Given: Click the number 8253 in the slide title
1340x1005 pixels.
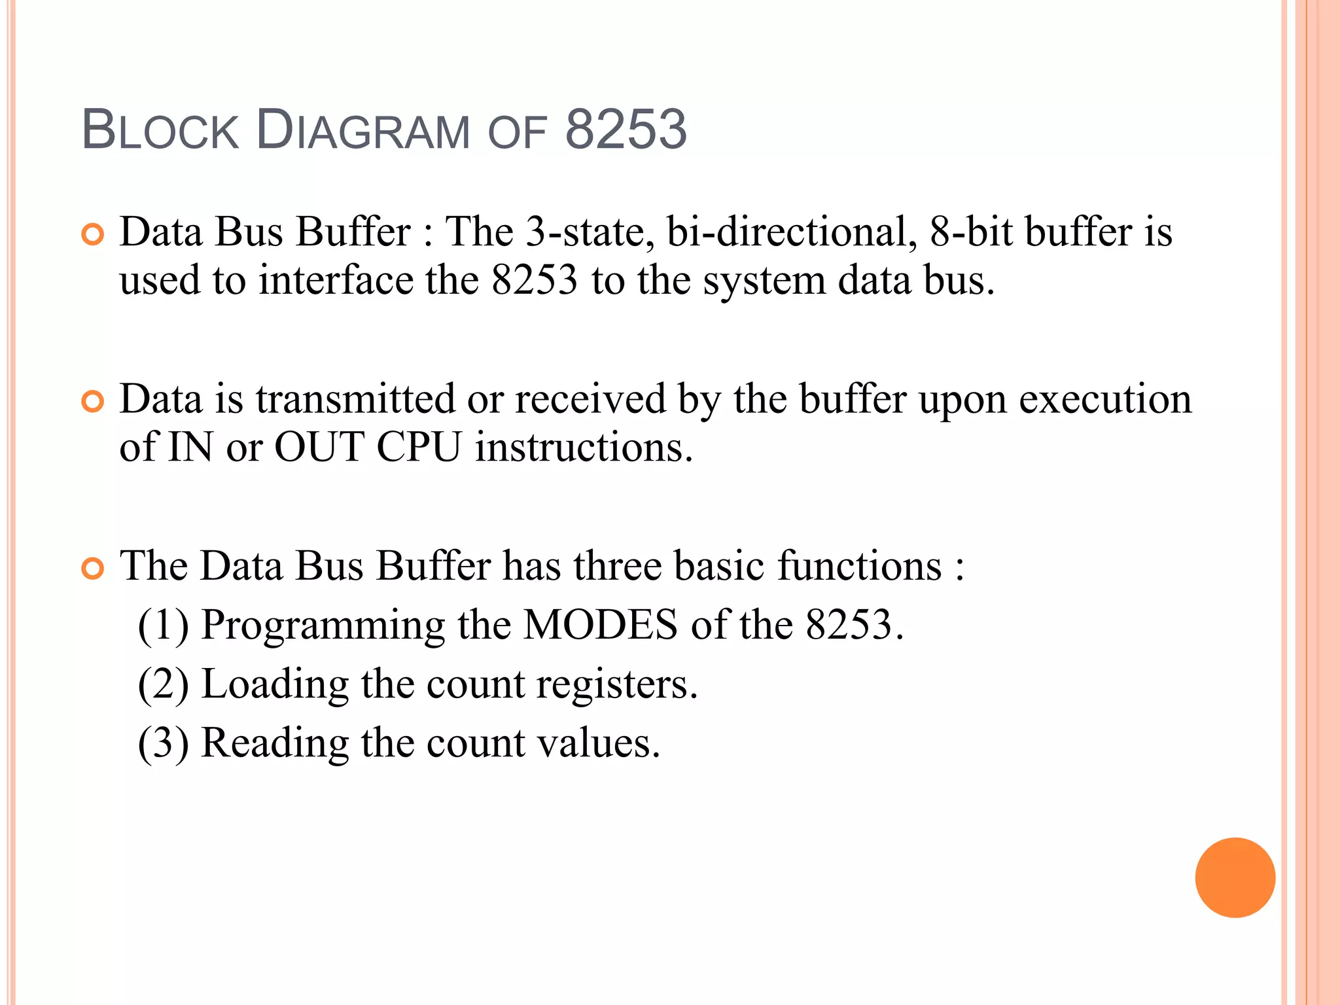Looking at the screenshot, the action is tap(626, 129).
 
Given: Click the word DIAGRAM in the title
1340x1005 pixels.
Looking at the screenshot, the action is tap(362, 130).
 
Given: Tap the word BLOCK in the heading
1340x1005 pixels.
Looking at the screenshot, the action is tap(160, 130).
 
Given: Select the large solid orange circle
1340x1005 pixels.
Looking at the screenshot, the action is tap(1235, 877).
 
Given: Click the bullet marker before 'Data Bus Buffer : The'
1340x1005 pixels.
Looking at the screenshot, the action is tap(93, 234).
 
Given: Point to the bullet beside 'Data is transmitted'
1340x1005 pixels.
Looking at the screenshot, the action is tap(93, 401).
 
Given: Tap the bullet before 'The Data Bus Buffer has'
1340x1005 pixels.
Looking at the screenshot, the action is tap(93, 568).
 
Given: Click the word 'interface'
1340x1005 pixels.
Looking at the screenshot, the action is tap(336, 281).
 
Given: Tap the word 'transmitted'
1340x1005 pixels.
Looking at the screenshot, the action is tap(355, 399).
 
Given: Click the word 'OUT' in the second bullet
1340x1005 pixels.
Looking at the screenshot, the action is tap(319, 448).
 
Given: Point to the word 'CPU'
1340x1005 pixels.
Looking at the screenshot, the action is tap(419, 448).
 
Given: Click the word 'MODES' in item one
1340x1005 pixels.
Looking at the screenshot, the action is tap(601, 625).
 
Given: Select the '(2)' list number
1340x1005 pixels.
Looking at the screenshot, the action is tap(163, 684).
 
